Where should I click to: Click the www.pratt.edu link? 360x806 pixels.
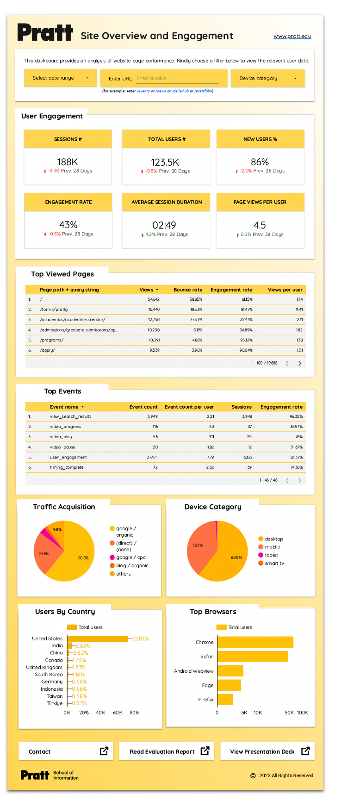292,36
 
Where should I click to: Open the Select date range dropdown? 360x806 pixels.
60,78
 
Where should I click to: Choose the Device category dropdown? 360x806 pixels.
267,78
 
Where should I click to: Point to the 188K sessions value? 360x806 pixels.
68,162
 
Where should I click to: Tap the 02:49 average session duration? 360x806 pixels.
164,225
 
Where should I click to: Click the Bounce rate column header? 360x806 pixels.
187,290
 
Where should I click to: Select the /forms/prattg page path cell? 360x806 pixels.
54,310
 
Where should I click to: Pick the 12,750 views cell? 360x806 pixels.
154,320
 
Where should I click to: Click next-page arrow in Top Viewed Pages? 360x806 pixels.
300,363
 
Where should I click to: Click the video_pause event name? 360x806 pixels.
62,447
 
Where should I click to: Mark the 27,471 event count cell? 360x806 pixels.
152,458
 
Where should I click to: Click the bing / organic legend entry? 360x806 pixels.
132,566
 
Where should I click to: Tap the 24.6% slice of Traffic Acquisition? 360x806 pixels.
44,554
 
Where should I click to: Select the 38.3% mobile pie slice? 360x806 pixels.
199,546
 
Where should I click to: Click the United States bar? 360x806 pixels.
97,639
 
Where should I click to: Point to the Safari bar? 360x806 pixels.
252,657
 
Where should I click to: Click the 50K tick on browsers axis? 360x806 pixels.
289,713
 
